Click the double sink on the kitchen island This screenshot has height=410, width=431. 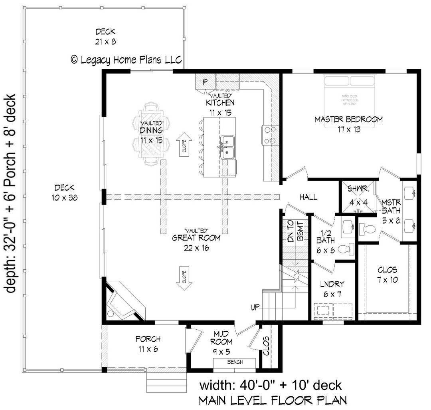pyautogui.click(x=227, y=146)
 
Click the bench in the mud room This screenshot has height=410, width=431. pyautogui.click(x=235, y=362)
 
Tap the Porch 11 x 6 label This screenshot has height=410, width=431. pyautogui.click(x=148, y=343)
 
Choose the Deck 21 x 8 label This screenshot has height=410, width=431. pyautogui.click(x=105, y=36)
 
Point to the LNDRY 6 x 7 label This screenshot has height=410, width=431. pyautogui.click(x=332, y=289)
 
